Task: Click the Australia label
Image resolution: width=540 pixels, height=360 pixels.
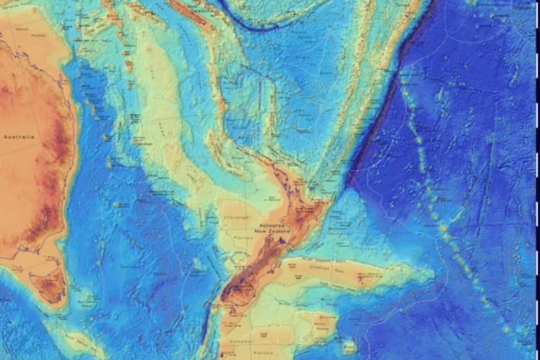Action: pos(19,137)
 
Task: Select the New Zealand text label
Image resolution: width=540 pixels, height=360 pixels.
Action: pos(268,232)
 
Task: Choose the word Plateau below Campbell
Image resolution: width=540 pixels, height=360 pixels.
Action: pos(242,354)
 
